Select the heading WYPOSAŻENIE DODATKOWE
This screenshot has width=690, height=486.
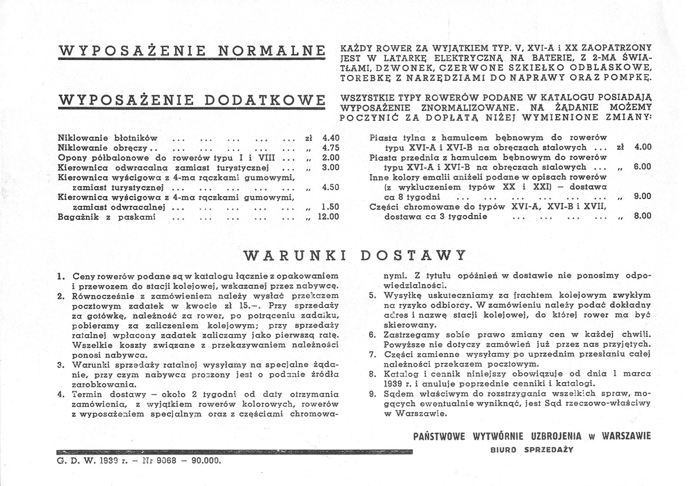coord(192,101)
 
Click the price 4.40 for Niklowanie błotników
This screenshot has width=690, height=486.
coord(330,138)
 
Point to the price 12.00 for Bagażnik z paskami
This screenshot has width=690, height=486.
coord(329,216)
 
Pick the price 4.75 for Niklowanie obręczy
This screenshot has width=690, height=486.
coord(330,148)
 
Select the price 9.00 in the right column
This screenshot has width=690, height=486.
coord(642,197)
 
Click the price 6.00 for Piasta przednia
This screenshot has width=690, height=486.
coord(642,167)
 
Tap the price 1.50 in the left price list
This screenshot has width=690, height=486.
coord(330,207)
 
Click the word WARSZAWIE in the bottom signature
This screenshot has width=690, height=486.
coord(626,436)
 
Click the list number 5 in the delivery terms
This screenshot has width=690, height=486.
coord(372,294)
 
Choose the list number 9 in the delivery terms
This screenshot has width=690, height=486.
coord(372,394)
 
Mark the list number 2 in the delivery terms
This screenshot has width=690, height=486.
coord(61,296)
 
